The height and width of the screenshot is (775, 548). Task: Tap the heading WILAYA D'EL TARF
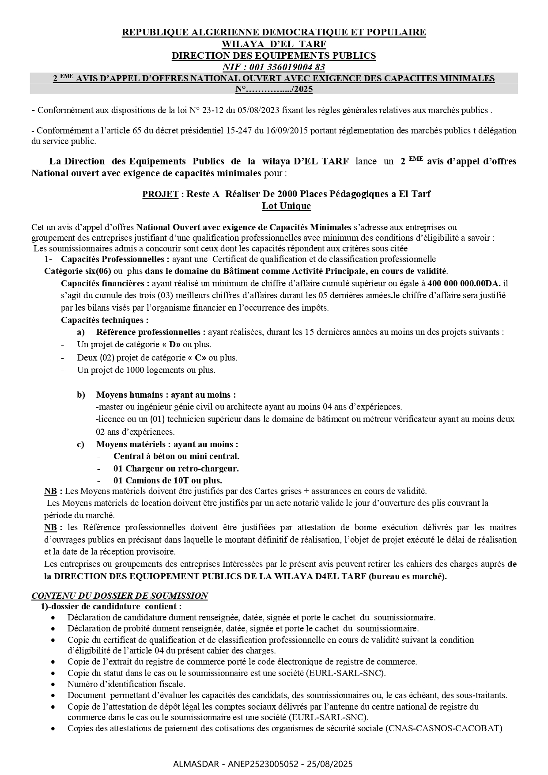(274, 44)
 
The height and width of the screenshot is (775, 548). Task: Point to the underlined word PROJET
(160, 194)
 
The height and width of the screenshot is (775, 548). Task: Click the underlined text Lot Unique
(286, 206)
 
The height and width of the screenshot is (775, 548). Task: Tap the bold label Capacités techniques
(105, 320)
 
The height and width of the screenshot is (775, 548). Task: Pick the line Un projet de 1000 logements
(146, 370)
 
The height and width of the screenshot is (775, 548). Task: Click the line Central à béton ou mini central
(176, 456)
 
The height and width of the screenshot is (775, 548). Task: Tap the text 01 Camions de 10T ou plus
(168, 480)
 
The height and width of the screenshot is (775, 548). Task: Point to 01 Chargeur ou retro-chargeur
(176, 468)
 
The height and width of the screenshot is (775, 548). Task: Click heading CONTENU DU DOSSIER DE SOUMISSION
(120, 596)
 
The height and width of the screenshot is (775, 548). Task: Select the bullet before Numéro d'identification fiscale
(53, 684)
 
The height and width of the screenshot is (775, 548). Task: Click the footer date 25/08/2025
(332, 764)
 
